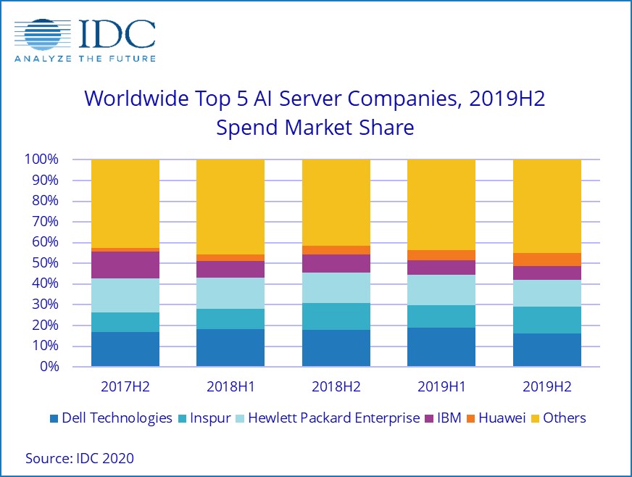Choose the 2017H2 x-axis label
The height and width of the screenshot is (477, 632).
click(125, 386)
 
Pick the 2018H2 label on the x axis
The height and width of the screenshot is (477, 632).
click(336, 386)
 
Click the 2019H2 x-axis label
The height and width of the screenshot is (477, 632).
click(546, 386)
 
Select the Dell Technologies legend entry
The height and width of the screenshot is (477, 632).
click(110, 418)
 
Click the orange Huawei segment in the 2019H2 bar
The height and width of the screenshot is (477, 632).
click(546, 260)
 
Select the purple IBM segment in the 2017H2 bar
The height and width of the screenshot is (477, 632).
click(125, 265)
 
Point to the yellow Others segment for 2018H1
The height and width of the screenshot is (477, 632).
click(230, 207)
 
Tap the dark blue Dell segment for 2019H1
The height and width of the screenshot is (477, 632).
click(441, 347)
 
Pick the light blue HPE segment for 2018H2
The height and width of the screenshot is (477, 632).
click(336, 288)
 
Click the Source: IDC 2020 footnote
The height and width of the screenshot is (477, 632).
click(80, 458)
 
